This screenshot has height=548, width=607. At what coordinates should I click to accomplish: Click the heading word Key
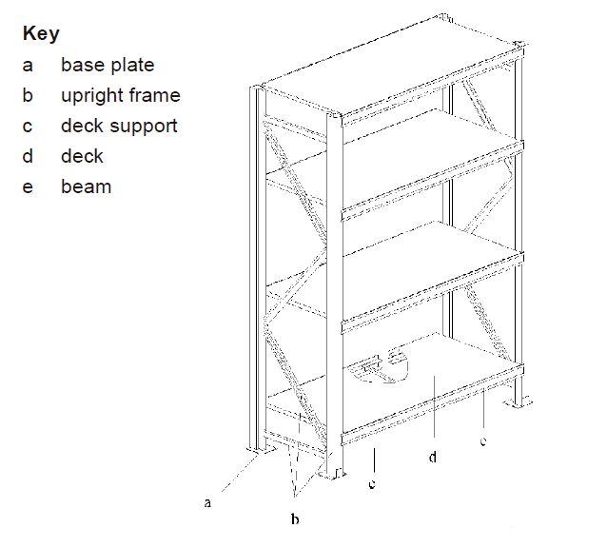click(41, 34)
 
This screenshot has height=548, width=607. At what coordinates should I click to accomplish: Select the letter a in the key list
click(28, 66)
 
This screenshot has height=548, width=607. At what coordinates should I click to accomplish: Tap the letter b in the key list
click(28, 95)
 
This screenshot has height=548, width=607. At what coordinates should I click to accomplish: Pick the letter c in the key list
click(27, 127)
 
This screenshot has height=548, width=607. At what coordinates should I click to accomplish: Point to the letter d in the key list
click(28, 156)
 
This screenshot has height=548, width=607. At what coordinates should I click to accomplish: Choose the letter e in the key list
click(28, 187)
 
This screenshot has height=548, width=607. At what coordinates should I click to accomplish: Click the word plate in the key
click(132, 65)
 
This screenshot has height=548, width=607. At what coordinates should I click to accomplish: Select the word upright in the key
click(91, 96)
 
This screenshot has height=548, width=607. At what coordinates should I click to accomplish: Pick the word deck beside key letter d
click(82, 156)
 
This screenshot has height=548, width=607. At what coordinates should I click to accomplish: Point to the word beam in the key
click(87, 186)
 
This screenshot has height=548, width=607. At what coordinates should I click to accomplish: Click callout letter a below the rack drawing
click(207, 502)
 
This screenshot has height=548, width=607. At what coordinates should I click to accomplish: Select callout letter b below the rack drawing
click(295, 519)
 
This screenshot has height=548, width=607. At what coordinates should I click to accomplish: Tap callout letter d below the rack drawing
click(433, 457)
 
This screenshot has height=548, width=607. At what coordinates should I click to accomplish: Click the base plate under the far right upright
click(518, 402)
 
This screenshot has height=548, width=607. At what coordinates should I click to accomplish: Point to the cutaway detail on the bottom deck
click(379, 366)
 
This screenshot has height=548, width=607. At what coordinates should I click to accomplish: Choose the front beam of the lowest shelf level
click(432, 405)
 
